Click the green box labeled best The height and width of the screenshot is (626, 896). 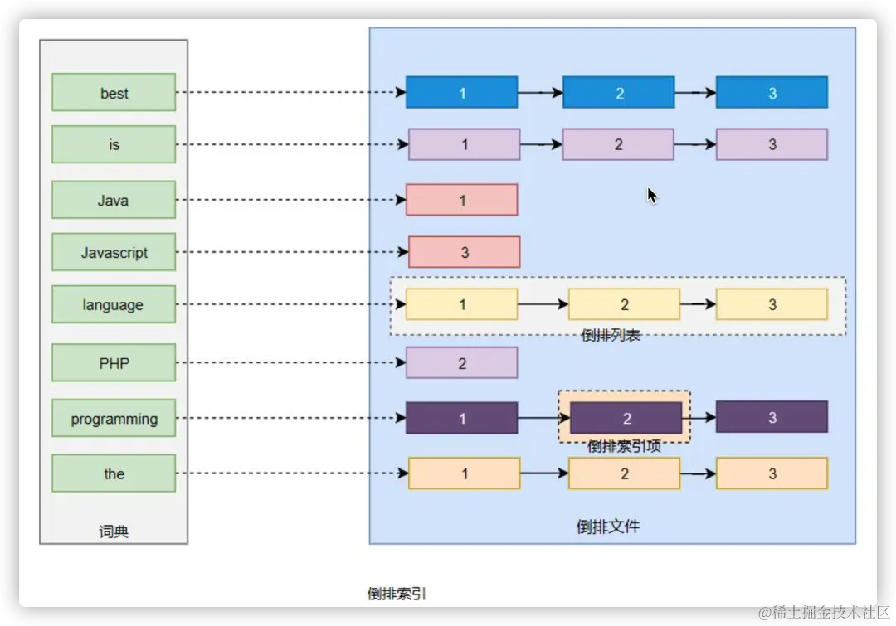114,92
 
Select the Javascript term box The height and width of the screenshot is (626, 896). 114,252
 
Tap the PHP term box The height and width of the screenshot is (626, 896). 114,362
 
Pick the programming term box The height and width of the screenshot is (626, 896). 114,418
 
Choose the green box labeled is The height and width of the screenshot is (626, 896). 114,144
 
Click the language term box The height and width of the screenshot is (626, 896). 114,304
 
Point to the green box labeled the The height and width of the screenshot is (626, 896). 114,473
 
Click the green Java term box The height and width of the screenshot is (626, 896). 114,200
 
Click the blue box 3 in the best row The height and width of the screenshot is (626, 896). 772,92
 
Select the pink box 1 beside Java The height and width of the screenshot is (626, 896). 461,200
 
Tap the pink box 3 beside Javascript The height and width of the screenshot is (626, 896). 464,252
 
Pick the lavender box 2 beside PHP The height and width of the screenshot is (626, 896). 461,362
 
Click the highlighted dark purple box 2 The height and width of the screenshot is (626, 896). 626,418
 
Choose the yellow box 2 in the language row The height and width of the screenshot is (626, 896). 624,304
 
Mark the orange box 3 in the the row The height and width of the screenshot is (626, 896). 772,473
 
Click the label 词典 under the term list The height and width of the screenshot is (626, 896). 114,531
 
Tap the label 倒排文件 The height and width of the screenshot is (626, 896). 608,527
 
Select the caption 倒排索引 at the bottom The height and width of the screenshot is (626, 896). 397,594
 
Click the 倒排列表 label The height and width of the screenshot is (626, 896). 611,335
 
